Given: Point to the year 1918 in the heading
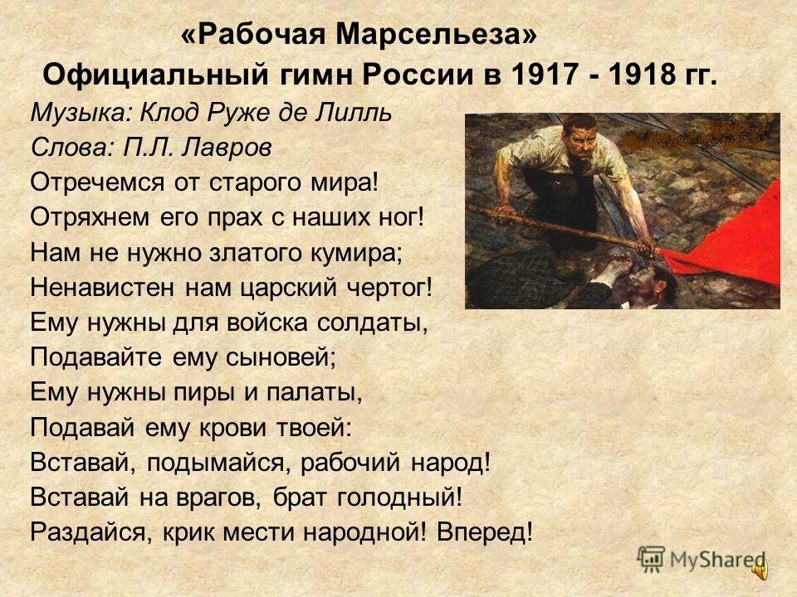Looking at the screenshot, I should coord(633,75).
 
